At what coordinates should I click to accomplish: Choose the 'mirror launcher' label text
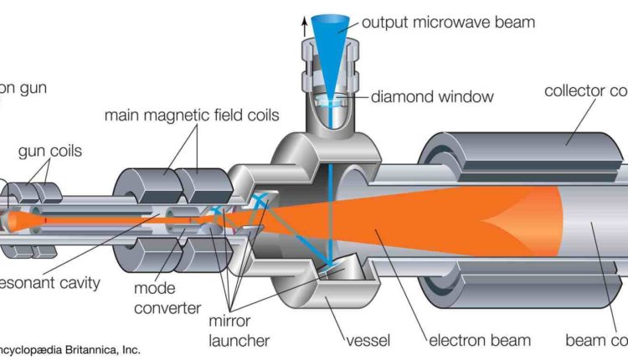[x=240, y=330]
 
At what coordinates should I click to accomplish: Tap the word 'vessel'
[x=369, y=341]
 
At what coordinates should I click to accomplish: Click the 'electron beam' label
[x=479, y=341]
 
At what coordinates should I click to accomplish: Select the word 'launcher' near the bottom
[x=240, y=340]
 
